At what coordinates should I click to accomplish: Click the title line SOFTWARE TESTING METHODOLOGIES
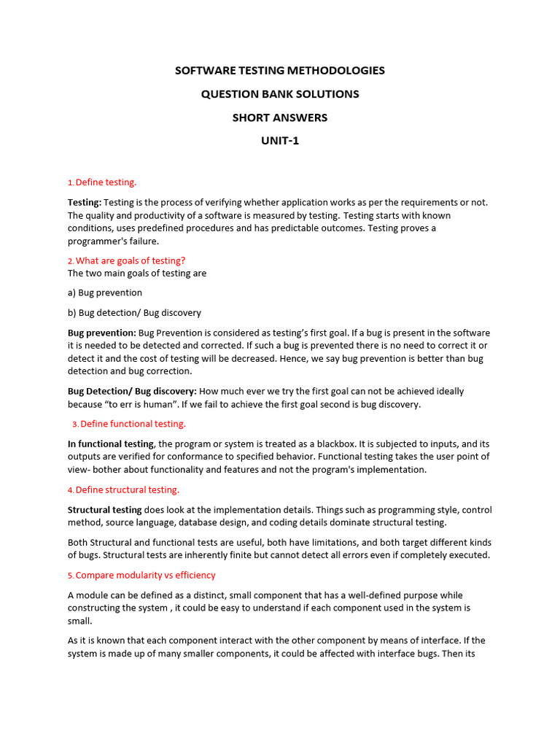pyautogui.click(x=280, y=71)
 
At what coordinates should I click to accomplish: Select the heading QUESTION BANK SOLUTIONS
pyautogui.click(x=280, y=94)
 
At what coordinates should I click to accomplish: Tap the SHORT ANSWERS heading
pyautogui.click(x=280, y=117)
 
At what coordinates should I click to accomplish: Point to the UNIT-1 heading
pyautogui.click(x=280, y=141)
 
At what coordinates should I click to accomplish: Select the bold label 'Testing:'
pyautogui.click(x=85, y=202)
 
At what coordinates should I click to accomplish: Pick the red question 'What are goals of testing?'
pyautogui.click(x=131, y=260)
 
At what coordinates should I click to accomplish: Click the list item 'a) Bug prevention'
pyautogui.click(x=105, y=293)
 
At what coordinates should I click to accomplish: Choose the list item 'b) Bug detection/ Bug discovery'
pyautogui.click(x=134, y=313)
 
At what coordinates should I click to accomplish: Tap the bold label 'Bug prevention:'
pyautogui.click(x=101, y=333)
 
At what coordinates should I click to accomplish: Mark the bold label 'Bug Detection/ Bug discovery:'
pyautogui.click(x=132, y=391)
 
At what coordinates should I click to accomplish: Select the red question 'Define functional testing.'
pyautogui.click(x=133, y=424)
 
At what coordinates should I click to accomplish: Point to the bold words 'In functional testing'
pyautogui.click(x=111, y=444)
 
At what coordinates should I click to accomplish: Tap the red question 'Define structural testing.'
pyautogui.click(x=128, y=489)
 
